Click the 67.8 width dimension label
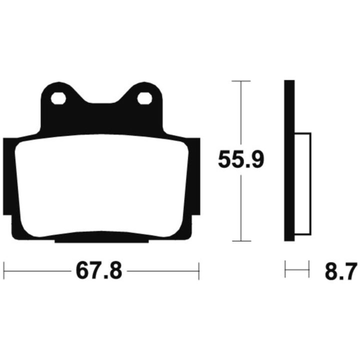coord(99,271)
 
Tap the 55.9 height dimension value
coord(241,159)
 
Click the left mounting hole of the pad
coord(58,98)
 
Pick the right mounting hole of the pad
coord(144,98)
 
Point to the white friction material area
coord(101,185)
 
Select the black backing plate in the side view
coord(289,160)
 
